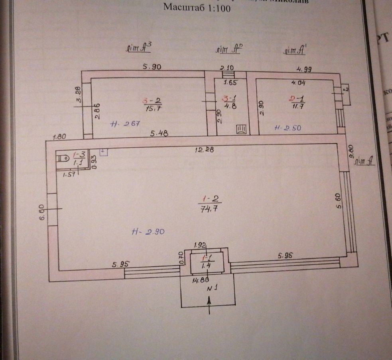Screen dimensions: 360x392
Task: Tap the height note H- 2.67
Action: coord(125,124)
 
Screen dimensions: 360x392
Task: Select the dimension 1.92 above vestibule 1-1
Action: coord(199,245)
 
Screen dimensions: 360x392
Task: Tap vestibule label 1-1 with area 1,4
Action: coord(206,261)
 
